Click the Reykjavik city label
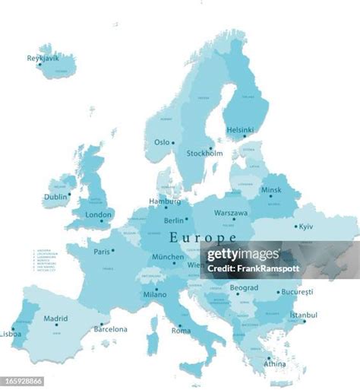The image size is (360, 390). coord(43,57)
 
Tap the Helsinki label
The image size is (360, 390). coord(239,130)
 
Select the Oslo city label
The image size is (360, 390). coord(162,142)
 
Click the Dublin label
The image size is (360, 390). coord(55,196)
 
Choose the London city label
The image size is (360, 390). coord(99,215)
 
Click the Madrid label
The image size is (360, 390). coord(55,319)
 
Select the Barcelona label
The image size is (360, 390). coord(110,329)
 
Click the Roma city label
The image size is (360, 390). coord(181,331)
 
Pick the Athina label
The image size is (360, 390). coord(274,363)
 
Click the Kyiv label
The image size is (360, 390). coord(305,227)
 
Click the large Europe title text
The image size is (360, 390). coord(203,237)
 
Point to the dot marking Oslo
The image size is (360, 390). coord(173,143)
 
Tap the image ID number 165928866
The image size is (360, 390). coord(22,381)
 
